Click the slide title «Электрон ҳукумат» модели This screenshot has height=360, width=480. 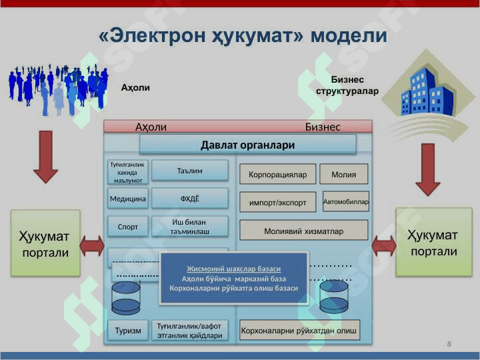(x=243, y=36)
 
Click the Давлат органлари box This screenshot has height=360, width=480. (x=247, y=145)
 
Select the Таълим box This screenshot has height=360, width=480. (x=190, y=171)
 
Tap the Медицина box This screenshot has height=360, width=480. (x=127, y=199)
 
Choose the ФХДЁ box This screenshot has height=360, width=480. (x=190, y=199)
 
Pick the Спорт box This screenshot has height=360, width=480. (x=127, y=227)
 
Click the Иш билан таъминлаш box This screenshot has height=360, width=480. (x=190, y=227)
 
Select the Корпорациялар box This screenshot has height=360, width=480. (x=277, y=175)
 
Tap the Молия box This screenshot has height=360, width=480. (x=343, y=175)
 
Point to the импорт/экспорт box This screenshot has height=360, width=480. (x=277, y=203)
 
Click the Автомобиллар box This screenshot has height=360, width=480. (x=345, y=201)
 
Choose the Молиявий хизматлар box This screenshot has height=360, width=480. (x=303, y=231)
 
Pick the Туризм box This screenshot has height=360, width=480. (x=127, y=331)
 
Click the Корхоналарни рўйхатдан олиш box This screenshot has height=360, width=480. (x=299, y=331)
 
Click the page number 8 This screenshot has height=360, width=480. (x=449, y=344)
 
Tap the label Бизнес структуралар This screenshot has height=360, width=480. (x=347, y=85)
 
